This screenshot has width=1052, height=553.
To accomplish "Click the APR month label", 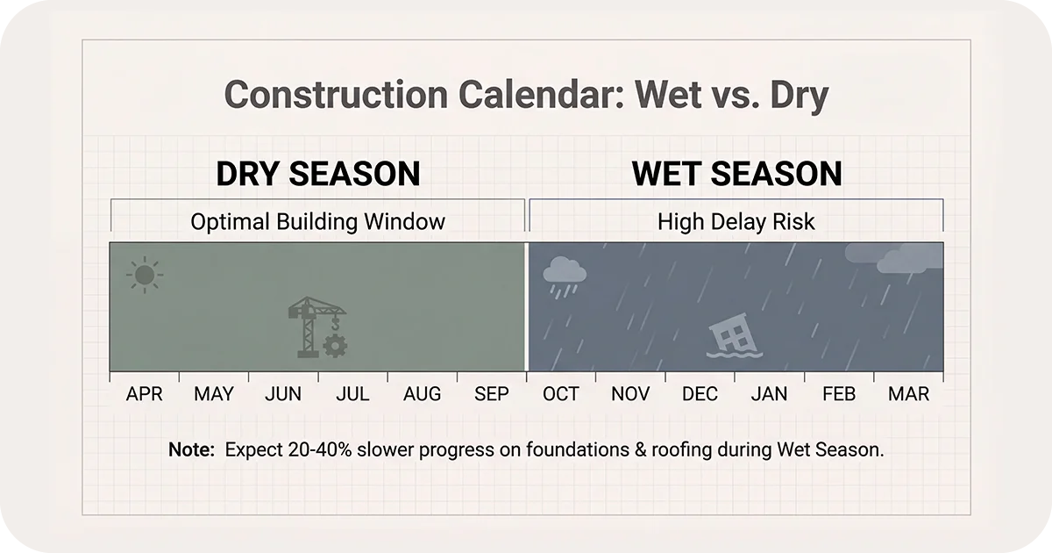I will [145, 394].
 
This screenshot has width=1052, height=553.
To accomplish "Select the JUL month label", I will [352, 394].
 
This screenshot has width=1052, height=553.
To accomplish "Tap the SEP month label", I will [491, 394].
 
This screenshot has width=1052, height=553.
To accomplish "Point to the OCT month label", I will [560, 394].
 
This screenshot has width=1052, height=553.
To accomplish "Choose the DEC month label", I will [700, 394].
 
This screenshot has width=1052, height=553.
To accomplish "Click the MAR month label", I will [908, 394].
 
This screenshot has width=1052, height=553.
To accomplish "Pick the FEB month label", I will [839, 394].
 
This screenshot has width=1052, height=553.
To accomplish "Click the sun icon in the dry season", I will [145, 276].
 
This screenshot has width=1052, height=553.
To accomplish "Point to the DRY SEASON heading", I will [318, 174].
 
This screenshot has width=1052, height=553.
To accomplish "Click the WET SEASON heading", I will [736, 174].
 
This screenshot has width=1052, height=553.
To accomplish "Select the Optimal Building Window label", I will [317, 221].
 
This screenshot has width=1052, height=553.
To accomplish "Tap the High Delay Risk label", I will [736, 221].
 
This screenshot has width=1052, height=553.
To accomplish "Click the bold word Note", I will [191, 450].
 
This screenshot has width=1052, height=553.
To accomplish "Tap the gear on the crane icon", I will [334, 346].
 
